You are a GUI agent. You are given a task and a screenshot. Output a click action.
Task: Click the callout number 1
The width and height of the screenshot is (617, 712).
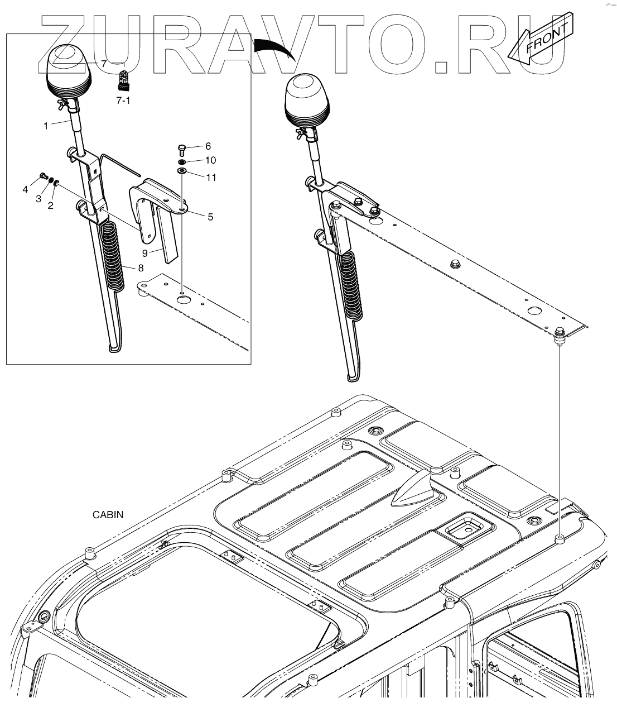[46, 126]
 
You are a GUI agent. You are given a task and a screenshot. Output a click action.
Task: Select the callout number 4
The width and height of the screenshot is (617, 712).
[25, 190]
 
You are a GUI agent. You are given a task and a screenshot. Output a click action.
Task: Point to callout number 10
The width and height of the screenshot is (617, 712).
[210, 160]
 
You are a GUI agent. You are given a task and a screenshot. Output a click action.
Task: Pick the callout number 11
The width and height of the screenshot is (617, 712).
[210, 178]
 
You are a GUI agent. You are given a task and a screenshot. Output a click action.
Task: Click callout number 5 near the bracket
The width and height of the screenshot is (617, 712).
[210, 217]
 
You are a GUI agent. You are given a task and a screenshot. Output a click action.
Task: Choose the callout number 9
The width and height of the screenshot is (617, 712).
[144, 253]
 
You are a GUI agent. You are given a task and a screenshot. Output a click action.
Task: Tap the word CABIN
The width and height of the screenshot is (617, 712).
[108, 515]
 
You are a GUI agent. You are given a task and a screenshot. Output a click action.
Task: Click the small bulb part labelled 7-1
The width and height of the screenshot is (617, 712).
[123, 82]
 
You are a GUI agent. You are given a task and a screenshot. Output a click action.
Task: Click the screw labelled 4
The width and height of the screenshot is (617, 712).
[43, 177]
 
